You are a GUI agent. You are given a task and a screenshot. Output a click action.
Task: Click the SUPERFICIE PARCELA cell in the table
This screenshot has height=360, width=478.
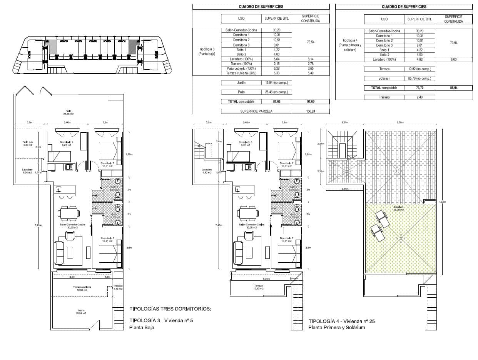coord(256,111)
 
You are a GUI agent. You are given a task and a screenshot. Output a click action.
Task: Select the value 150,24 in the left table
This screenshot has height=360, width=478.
coord(311,111)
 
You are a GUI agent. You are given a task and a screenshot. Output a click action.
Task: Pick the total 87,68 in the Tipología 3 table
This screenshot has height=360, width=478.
coord(276,102)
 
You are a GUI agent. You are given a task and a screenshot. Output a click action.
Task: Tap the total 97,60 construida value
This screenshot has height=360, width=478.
coord(311,102)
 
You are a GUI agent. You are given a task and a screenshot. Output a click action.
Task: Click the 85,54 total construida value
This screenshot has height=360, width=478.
coord(454,88)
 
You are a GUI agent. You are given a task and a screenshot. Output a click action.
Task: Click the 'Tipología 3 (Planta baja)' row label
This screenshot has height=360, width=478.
coord(207,52)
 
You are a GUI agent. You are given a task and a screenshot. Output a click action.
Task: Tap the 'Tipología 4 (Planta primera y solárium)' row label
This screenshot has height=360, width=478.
coord(350,45)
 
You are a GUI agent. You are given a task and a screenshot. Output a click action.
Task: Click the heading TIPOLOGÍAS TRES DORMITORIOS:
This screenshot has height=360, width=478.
coord(170,309)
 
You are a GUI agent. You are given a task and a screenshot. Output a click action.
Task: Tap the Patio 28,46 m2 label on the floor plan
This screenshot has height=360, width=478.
coord(69,112)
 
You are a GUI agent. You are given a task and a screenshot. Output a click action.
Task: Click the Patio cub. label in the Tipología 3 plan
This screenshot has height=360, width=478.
coord(27,143)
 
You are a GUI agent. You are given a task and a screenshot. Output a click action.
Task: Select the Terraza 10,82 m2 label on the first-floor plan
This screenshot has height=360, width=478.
coord(258,287)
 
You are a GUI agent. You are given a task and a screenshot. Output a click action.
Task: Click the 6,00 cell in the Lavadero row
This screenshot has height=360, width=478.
coord(454,60)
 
